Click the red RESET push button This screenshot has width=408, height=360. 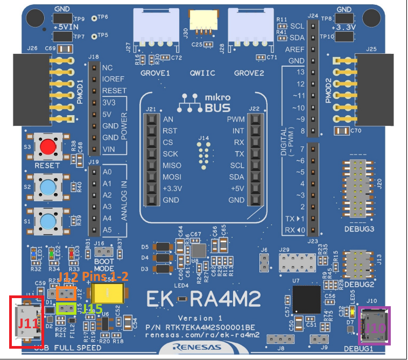[49, 146]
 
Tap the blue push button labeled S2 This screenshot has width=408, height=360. [49, 187]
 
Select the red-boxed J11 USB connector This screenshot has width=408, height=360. [26, 321]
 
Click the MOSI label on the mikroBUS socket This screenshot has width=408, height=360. [172, 177]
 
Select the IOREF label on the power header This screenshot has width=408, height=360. [114, 79]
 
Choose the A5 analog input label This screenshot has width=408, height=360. [107, 230]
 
